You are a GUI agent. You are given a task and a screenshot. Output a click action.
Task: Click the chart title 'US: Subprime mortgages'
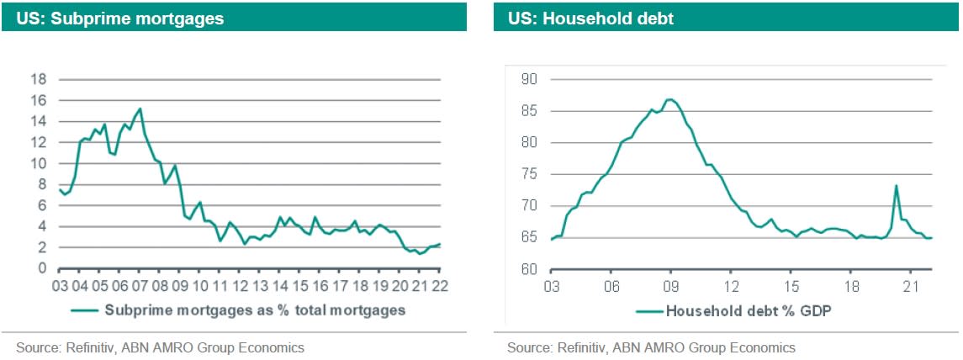[119, 19]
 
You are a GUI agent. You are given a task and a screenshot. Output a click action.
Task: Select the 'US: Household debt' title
[590, 19]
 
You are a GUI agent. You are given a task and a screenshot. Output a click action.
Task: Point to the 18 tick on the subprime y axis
[40, 79]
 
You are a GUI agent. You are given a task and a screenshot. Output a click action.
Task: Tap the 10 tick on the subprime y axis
[40, 163]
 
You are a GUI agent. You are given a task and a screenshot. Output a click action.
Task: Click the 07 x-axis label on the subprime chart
[140, 287]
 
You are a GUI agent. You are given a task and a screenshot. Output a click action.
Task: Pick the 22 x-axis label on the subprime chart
[440, 287]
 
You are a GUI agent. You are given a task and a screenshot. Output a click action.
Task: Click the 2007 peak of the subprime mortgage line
[140, 109]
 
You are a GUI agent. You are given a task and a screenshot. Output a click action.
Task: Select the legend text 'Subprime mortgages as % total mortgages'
[256, 310]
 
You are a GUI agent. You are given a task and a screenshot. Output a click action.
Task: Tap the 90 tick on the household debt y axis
[529, 79]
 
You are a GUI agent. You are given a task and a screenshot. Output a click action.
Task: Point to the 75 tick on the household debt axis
[529, 174]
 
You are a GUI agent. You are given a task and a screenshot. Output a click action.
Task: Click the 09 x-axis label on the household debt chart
[670, 287]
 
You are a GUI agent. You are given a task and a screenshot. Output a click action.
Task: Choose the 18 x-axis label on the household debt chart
[851, 287]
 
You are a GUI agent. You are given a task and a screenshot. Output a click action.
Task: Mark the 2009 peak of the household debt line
[670, 99]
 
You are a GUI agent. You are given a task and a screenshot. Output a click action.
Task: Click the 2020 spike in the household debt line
[896, 186]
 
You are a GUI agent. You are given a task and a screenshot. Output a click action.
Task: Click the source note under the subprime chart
[161, 347]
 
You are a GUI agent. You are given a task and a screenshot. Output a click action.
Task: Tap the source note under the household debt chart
[651, 347]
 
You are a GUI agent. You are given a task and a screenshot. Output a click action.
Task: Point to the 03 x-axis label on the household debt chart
[551, 287]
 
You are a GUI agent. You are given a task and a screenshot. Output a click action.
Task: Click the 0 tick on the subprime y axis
[43, 269]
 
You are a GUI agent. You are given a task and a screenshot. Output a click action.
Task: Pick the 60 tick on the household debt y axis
[529, 269]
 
